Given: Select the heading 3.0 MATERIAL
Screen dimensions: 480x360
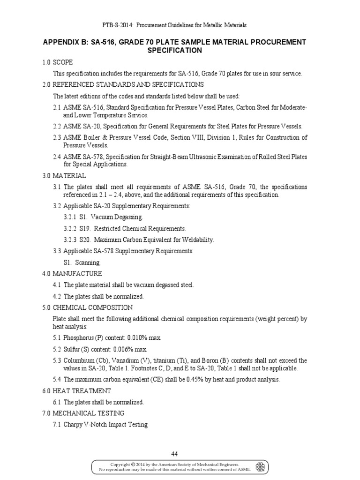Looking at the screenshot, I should click(x=63, y=176).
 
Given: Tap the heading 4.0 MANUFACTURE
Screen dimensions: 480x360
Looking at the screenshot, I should click(x=72, y=274).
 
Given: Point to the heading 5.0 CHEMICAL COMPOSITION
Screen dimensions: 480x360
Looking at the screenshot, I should click(x=87, y=307).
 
